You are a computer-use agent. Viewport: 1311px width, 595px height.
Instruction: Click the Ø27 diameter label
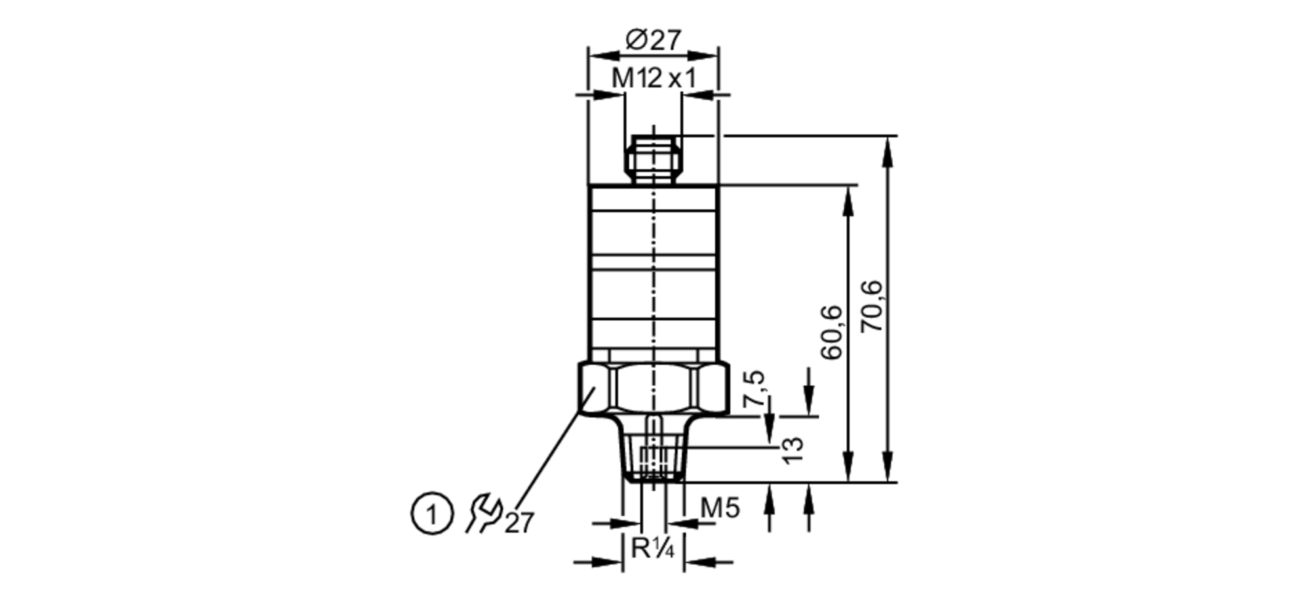pos(654,40)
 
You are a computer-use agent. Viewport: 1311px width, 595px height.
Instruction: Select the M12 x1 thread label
pos(653,79)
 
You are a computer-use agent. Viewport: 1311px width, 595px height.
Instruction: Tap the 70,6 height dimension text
pos(872,306)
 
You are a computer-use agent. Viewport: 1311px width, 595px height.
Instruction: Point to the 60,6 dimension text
pos(832,332)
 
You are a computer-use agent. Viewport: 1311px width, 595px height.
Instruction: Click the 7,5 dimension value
pos(754,388)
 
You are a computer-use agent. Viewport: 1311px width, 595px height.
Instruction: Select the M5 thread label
pos(720,508)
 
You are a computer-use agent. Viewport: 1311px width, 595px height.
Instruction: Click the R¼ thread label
pos(652,548)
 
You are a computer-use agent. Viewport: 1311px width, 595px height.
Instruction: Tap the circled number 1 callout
pos(432,514)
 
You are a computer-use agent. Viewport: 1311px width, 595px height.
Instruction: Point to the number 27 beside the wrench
pos(519,523)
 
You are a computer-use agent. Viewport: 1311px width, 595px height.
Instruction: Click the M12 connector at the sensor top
pos(654,159)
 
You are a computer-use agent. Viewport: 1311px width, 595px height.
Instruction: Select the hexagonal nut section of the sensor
pos(654,388)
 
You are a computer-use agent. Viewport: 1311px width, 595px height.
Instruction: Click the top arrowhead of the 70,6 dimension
pos(888,146)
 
